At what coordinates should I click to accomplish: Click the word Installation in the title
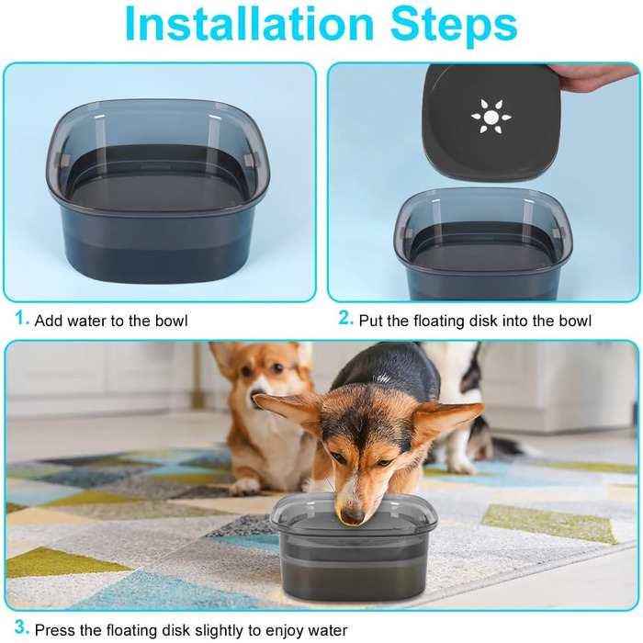point(249,24)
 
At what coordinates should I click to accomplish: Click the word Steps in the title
point(454,27)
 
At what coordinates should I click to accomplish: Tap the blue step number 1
point(22,318)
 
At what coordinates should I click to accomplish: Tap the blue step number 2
point(345,318)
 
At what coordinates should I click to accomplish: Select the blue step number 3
point(22,627)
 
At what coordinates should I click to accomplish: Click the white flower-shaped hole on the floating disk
point(491,117)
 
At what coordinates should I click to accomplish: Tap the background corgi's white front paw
point(244,486)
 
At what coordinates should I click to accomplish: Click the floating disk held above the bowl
point(491,122)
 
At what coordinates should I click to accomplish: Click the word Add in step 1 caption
point(51,321)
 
